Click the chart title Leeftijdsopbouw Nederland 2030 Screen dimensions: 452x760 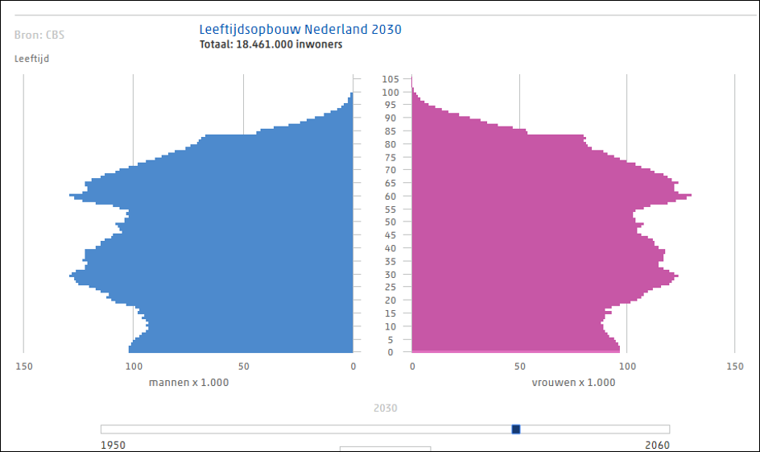tap(300, 30)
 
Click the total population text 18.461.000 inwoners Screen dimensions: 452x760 tap(271, 45)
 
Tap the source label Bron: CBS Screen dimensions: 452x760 tap(40, 35)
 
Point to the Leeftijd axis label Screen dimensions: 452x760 tap(31, 59)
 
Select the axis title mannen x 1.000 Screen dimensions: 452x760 tap(188, 383)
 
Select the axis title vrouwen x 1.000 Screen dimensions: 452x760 tap(573, 383)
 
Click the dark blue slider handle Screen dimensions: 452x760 tap(516, 429)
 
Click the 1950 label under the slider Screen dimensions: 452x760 tap(113, 445)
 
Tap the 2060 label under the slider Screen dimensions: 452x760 tap(657, 445)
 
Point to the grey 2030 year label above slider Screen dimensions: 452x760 tap(386, 408)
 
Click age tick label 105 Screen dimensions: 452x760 tap(390, 79)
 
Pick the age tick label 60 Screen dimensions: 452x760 tap(390, 196)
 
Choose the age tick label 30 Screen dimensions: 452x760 tap(390, 274)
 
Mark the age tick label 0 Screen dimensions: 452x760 tap(390, 352)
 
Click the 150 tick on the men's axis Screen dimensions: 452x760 tap(23, 367)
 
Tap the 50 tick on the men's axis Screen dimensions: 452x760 tap(243, 367)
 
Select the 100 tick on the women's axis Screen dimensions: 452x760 tap(626, 367)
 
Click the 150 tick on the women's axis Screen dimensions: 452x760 tap(734, 367)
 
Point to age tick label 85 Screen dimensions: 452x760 tap(390, 131)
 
